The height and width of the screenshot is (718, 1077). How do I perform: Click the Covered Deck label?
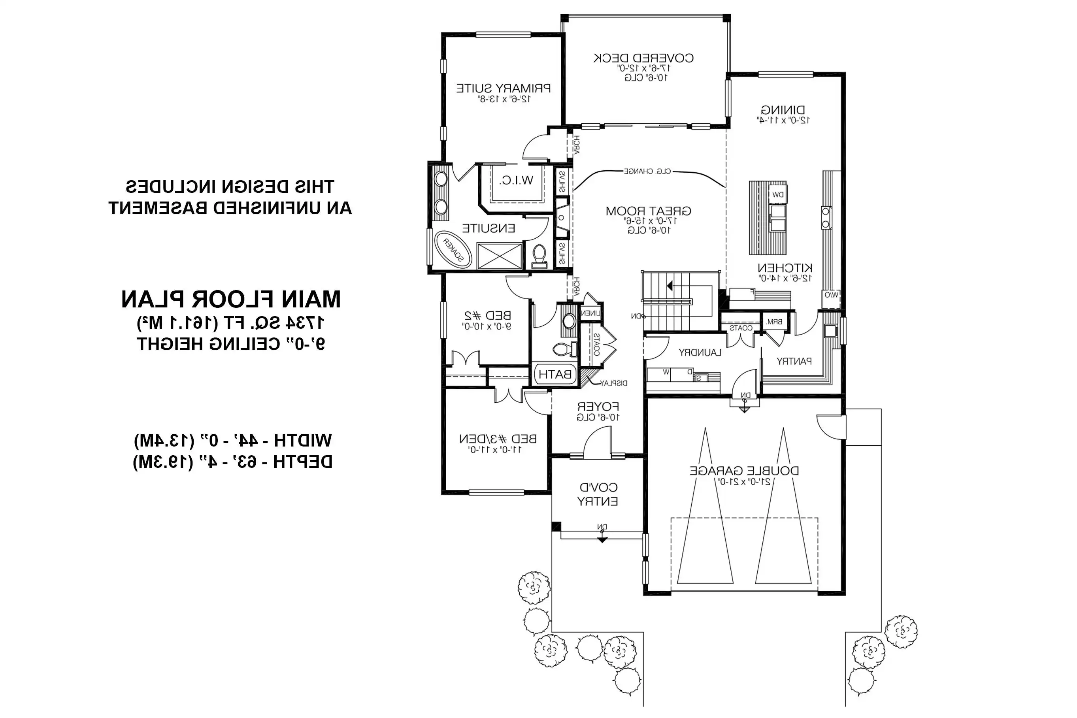[x=643, y=58]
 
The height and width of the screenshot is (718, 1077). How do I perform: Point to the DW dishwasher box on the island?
[x=777, y=194]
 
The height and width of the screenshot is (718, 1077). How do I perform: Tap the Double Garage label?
[x=744, y=471]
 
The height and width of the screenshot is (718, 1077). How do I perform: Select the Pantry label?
[x=794, y=361]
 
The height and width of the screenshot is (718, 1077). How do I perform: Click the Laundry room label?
[x=700, y=352]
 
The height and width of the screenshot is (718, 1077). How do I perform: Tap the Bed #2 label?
[x=488, y=315]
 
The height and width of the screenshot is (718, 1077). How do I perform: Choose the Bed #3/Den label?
[x=498, y=439]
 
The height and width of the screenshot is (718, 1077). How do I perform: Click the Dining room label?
[x=783, y=110]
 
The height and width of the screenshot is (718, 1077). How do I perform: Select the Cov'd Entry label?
[x=598, y=494]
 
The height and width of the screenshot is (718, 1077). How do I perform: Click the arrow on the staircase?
[x=670, y=286]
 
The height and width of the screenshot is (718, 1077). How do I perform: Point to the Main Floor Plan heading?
[x=231, y=300]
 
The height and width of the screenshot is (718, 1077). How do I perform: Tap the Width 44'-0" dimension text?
[x=233, y=441]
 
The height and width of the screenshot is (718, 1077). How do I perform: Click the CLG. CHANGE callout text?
[x=647, y=171]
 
